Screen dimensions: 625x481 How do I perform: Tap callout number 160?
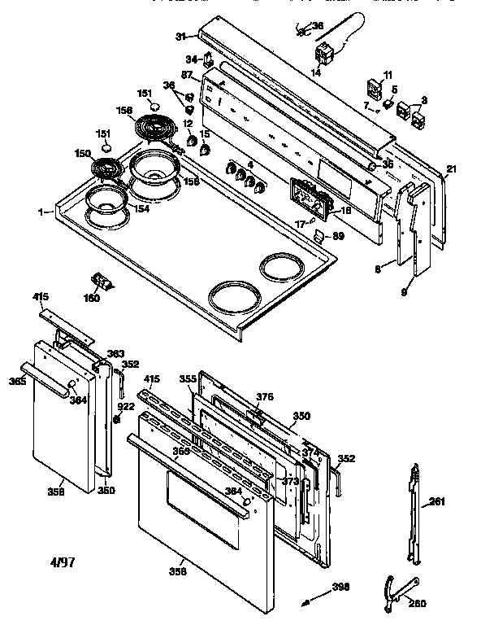[92, 298]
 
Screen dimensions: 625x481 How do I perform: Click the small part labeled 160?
[103, 281]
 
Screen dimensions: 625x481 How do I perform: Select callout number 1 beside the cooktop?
[41, 212]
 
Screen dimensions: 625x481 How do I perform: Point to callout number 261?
[437, 502]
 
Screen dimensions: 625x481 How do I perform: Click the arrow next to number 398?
[307, 601]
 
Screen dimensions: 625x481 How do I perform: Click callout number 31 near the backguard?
[181, 36]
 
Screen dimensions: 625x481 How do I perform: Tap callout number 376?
[265, 396]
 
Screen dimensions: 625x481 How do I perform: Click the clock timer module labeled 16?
[306, 198]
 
